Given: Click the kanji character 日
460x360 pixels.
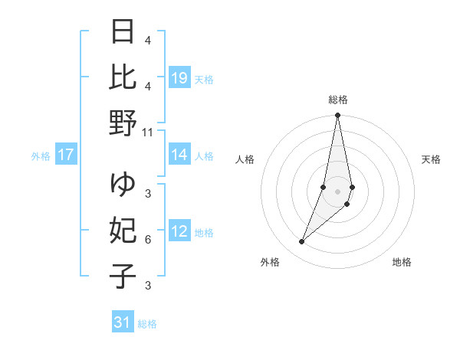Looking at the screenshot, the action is [x=123, y=33].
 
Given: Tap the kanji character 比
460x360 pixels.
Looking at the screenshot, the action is [x=123, y=77].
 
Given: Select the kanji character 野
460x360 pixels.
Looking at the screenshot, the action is [x=123, y=123].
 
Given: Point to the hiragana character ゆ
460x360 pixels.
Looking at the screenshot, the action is [x=123, y=185].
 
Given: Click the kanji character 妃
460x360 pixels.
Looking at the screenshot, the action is [x=123, y=231].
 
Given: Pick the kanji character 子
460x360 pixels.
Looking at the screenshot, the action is [x=123, y=277].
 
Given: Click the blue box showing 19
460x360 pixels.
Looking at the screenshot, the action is [x=179, y=78].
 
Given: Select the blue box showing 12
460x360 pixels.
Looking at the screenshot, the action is [x=179, y=232].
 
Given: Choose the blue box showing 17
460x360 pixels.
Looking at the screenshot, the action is [x=66, y=155].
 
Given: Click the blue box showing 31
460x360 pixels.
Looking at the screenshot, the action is [x=123, y=322].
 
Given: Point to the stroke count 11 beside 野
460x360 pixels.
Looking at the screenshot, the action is [x=148, y=132].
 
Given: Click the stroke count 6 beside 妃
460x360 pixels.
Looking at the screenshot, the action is [x=148, y=240].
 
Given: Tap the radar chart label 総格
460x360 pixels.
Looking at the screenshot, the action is [x=338, y=100].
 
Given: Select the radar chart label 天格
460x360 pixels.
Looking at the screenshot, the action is [x=431, y=159].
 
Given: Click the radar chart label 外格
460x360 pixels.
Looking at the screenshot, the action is [x=269, y=262].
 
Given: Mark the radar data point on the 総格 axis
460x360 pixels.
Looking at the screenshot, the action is [x=337, y=116].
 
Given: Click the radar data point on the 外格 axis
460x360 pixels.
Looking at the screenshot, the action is [x=301, y=241].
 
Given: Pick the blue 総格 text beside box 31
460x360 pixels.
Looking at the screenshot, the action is [x=148, y=324].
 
